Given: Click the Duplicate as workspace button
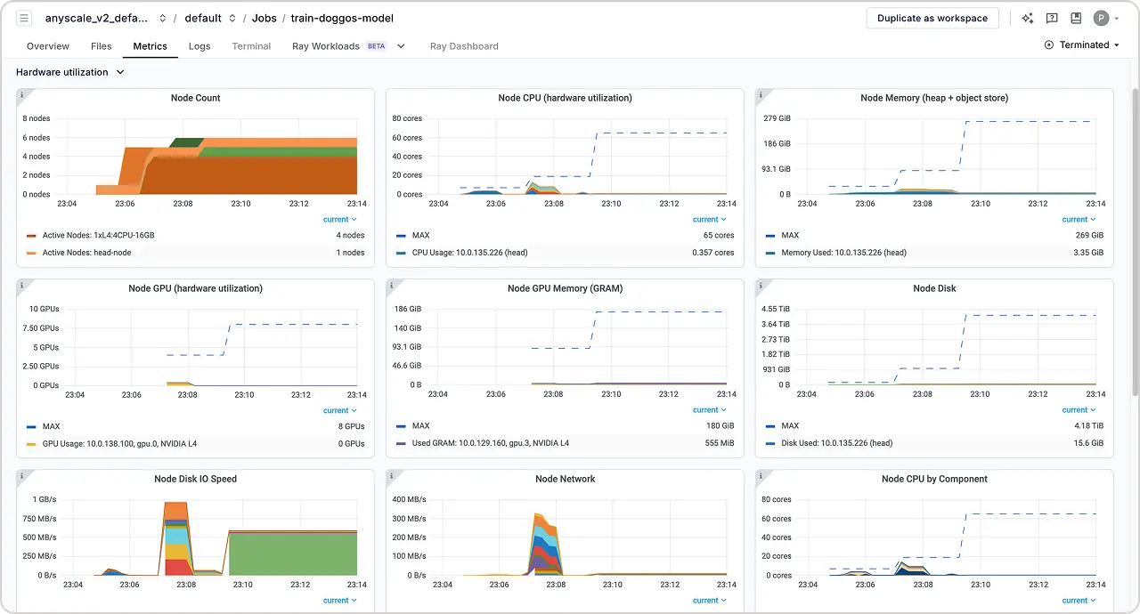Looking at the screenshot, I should click(932, 18).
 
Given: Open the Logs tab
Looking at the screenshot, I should click(199, 46).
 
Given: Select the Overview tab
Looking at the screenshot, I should click(48, 46).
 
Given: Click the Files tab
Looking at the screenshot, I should click(102, 46).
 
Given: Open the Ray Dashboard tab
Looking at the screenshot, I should click(464, 46).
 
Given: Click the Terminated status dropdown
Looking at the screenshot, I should click(1083, 45).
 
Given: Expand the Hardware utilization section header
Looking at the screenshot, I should click(70, 72).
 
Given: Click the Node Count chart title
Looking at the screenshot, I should click(195, 98).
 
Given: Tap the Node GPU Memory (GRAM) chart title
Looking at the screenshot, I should click(565, 288).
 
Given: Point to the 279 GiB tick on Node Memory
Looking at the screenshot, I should click(778, 118).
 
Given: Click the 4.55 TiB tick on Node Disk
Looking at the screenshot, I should click(775, 309).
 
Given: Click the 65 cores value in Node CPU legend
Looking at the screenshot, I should click(719, 236).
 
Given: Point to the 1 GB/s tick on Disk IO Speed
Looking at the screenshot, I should click(44, 499).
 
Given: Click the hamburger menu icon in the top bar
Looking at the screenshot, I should click(24, 18).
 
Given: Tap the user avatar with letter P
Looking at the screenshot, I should click(1102, 18).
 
